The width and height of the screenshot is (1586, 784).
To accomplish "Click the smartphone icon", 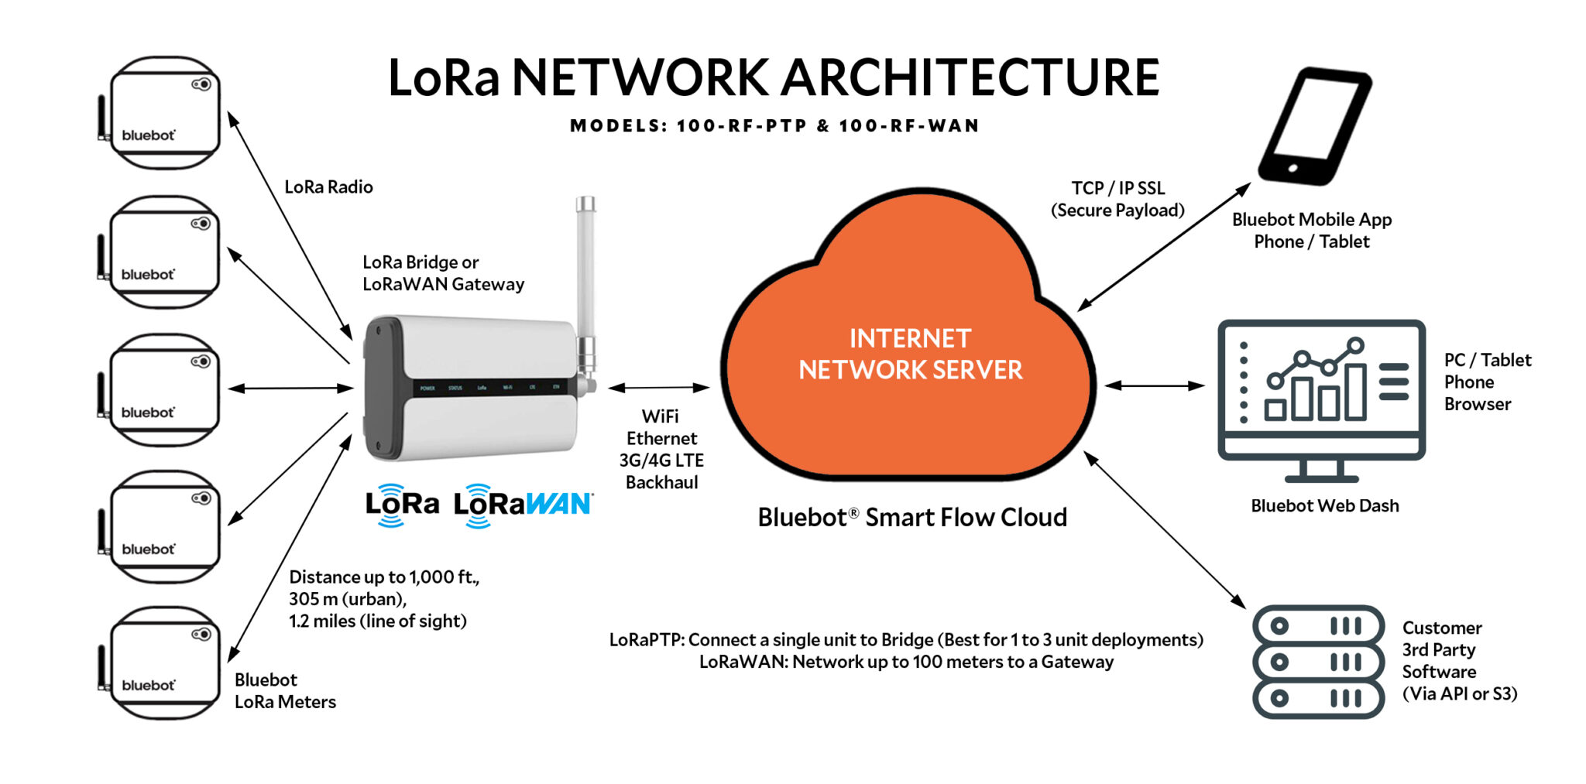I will click(1314, 125).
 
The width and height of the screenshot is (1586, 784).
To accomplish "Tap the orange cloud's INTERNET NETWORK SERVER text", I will click(910, 354).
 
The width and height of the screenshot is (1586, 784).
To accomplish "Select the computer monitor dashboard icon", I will click(1321, 399).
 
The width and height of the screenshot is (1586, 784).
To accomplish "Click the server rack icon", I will click(1317, 662).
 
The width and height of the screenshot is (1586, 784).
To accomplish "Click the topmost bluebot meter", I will click(164, 113).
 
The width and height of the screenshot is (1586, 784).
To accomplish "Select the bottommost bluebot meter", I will click(164, 663).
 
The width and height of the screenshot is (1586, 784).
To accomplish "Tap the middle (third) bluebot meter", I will click(164, 390).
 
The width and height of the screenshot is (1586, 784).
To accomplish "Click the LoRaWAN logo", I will click(523, 505).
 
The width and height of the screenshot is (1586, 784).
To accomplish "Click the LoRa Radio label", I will click(328, 187).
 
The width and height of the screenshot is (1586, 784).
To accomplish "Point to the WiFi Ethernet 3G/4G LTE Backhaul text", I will click(661, 449).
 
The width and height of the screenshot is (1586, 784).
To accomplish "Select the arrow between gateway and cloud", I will click(658, 387).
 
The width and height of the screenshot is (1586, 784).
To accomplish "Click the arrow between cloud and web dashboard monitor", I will click(1154, 385).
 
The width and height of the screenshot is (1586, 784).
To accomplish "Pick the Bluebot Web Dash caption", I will click(1324, 505).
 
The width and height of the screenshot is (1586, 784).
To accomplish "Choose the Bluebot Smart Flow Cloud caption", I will click(911, 517).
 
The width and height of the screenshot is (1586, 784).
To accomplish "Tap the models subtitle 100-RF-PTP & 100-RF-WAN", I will click(774, 125).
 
